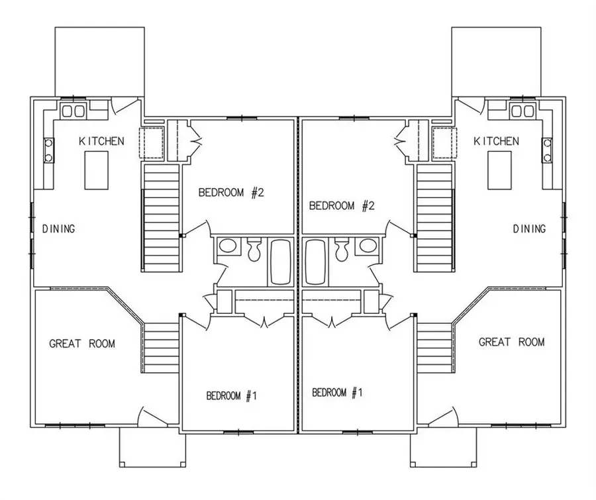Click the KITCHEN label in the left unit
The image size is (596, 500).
click(x=101, y=141)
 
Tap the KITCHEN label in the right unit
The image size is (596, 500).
click(x=496, y=141)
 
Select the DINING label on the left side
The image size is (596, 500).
click(x=58, y=229)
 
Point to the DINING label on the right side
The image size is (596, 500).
click(x=530, y=228)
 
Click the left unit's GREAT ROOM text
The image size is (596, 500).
click(x=82, y=344)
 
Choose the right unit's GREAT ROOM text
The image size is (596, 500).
click(x=512, y=342)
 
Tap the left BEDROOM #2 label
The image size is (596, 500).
click(x=231, y=193)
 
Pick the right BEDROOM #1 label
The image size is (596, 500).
click(x=337, y=393)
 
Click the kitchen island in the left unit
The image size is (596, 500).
click(x=96, y=170)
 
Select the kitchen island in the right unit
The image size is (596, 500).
click(x=499, y=170)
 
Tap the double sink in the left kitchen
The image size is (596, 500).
click(x=74, y=111)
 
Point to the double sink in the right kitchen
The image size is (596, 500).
click(x=522, y=111)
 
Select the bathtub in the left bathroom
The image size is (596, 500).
click(x=281, y=262)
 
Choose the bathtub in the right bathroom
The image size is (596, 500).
click(x=315, y=262)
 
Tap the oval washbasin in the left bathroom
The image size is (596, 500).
click(x=228, y=246)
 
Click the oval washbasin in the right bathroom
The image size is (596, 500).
click(x=368, y=246)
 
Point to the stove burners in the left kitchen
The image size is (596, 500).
click(x=49, y=150)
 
